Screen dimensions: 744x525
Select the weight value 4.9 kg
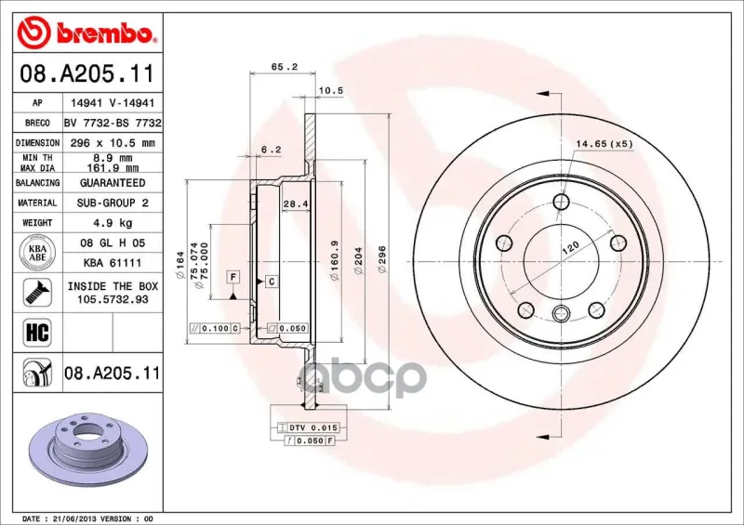coord(113,223)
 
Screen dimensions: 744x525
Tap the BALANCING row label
coord(37,183)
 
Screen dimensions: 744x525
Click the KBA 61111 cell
coord(113,263)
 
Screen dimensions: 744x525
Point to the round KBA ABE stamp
coord(37,253)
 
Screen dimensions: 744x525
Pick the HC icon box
coord(37,333)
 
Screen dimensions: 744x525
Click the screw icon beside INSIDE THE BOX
coord(37,292)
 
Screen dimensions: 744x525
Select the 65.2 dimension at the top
coord(285,67)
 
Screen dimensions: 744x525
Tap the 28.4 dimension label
coord(296,204)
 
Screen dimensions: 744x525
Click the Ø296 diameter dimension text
coord(382,259)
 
